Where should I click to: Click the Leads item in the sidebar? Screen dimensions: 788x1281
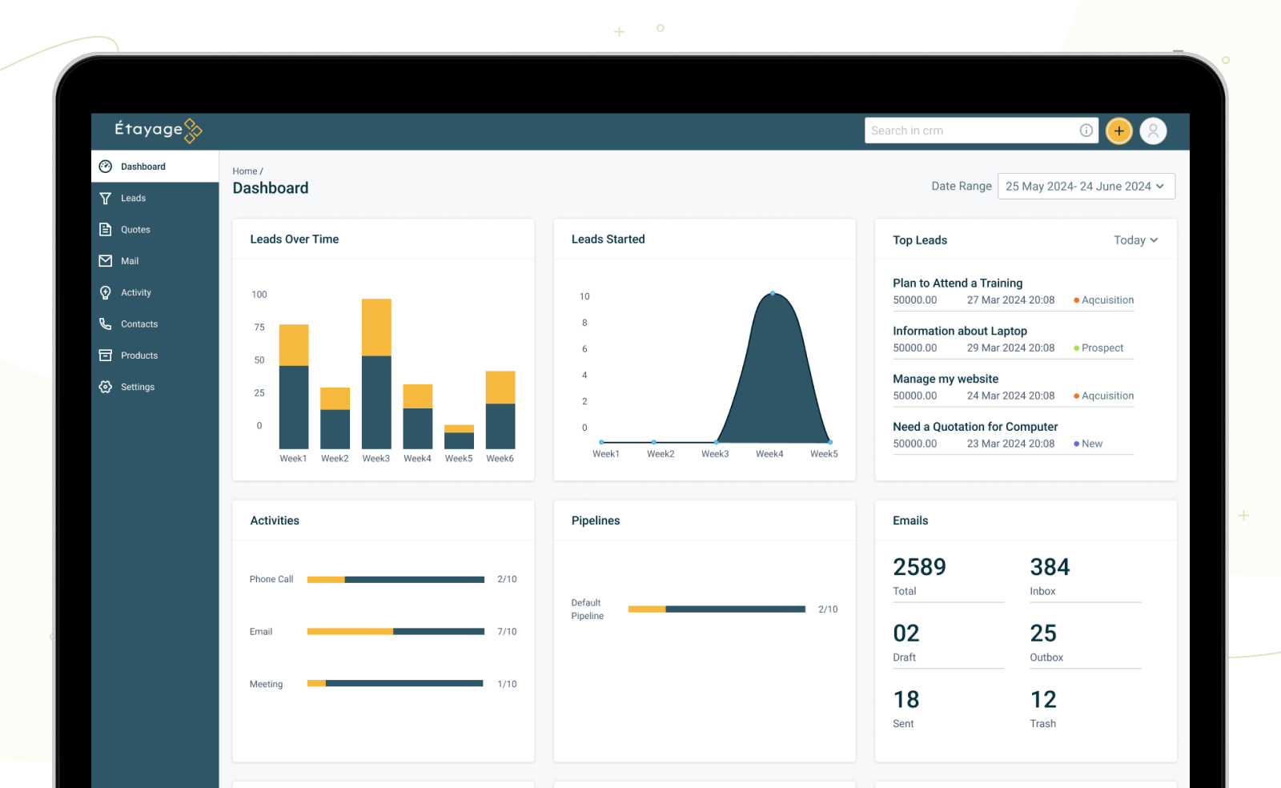click(133, 198)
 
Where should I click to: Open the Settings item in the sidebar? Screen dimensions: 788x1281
click(137, 387)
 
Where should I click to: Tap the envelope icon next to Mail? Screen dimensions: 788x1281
click(106, 261)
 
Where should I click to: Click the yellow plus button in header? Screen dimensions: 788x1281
click(1118, 131)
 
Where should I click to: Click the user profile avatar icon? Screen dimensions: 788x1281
click(1153, 131)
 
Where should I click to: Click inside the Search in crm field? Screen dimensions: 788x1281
click(969, 131)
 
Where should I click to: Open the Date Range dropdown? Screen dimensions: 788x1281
click(1086, 187)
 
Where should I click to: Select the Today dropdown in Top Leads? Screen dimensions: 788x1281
click(1135, 240)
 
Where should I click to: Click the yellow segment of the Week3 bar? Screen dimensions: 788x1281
click(376, 327)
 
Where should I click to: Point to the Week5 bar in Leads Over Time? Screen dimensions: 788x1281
click(459, 437)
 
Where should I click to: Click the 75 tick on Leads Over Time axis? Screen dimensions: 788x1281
click(259, 328)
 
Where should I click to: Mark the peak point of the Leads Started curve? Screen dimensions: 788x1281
click(773, 294)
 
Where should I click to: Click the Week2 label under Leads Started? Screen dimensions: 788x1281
click(661, 454)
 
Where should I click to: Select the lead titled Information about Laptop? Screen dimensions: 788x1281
click(959, 331)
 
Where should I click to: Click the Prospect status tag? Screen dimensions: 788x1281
click(1102, 348)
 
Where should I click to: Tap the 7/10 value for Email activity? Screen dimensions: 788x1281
click(507, 632)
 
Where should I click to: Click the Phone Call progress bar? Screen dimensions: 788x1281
click(396, 579)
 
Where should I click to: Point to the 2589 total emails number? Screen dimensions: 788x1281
click(919, 567)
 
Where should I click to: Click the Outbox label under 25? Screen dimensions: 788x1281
click(1046, 657)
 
